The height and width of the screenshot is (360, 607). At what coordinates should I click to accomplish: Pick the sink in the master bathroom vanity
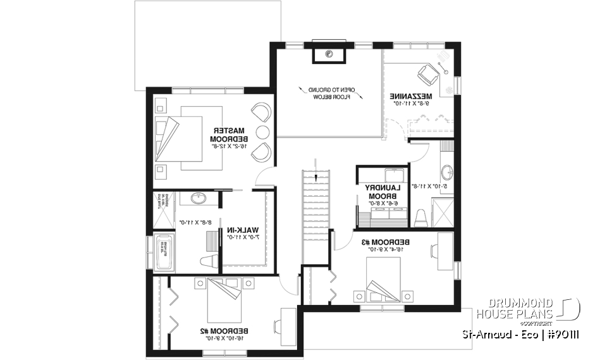pos(199,199)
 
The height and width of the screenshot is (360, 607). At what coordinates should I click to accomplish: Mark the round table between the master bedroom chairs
pos(262,132)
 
